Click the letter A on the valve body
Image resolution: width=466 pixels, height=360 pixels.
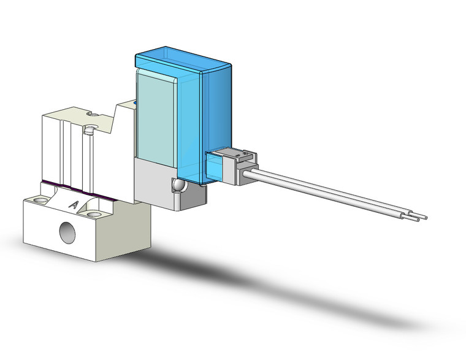pyautogui.click(x=74, y=204)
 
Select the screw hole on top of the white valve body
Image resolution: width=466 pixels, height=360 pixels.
pyautogui.click(x=90, y=129)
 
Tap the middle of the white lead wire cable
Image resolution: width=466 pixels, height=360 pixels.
pyautogui.click(x=331, y=191)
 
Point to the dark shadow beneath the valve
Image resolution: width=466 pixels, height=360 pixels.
pyautogui.click(x=202, y=270)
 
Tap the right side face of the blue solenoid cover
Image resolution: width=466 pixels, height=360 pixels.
pyautogui.click(x=218, y=110)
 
